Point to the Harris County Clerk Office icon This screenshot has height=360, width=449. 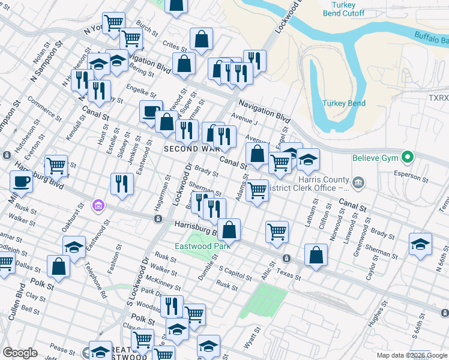click(x=358, y=182)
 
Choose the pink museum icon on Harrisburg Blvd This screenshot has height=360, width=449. click(x=98, y=206)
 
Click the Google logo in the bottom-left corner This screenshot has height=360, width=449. click(x=20, y=353)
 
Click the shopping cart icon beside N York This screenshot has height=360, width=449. click(x=113, y=23)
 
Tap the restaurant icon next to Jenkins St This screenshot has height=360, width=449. click(x=122, y=183)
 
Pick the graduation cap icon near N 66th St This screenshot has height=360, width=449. click(x=420, y=243)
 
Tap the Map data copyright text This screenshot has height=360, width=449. click(x=412, y=355)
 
